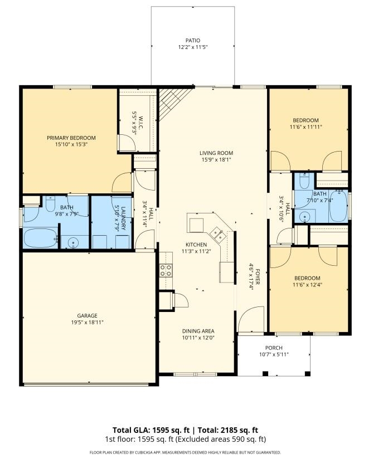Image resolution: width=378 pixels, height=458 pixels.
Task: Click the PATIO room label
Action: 193,40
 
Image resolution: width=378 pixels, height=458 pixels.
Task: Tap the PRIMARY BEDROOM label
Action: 71,138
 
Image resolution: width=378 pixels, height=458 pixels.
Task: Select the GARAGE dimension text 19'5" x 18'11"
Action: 87,322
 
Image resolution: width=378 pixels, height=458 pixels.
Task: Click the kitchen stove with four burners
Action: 166,270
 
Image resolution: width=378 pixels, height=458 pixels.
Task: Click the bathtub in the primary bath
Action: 40,238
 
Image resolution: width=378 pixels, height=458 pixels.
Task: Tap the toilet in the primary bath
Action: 51,204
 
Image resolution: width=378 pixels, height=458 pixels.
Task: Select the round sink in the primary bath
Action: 73,243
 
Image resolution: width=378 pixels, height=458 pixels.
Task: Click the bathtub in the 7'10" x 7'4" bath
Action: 338,206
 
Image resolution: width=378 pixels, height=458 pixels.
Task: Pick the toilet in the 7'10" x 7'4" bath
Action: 304,181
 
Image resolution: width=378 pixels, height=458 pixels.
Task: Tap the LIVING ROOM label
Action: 216,153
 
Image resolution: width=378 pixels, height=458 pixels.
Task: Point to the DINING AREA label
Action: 198,331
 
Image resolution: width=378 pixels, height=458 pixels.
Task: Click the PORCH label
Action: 274,348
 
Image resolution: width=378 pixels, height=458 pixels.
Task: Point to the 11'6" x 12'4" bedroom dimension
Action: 307,285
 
